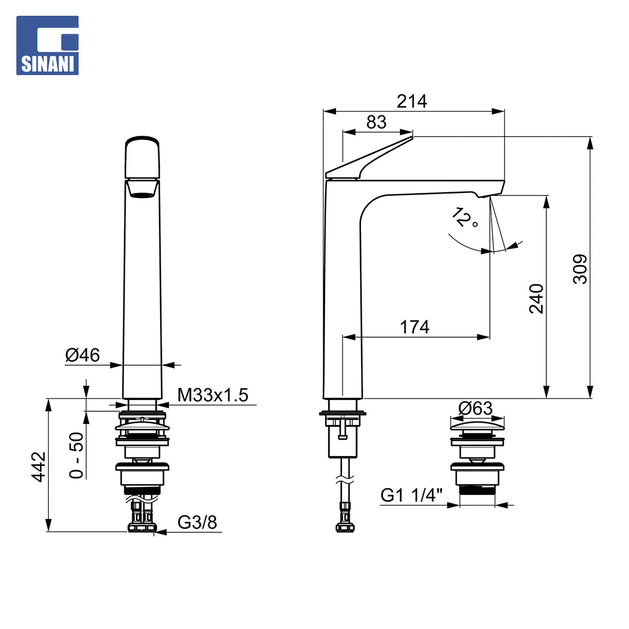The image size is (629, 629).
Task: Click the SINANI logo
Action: (47, 45)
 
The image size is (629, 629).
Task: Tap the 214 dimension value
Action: (412, 101)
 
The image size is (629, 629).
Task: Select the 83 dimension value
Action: (376, 122)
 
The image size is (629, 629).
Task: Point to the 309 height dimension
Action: (580, 269)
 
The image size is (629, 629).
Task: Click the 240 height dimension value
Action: (536, 298)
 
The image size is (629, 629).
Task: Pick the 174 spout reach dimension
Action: (415, 327)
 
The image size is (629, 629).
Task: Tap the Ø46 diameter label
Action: (82, 355)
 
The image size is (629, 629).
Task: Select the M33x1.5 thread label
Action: (213, 395)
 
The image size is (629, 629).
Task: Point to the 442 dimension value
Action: (39, 467)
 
